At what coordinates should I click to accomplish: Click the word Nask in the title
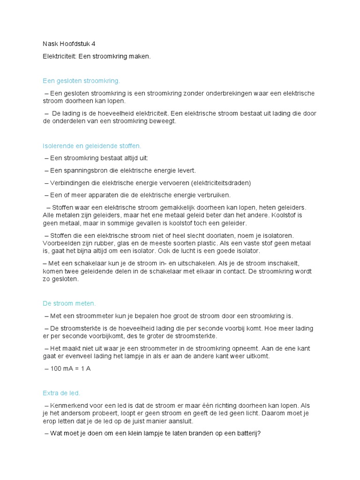point(50,44)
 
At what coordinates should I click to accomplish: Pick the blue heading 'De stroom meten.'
point(69,303)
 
